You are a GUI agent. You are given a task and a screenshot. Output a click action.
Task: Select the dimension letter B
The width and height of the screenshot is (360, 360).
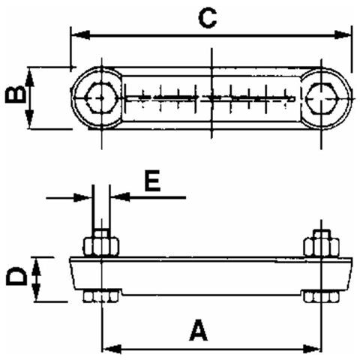[x=13, y=96]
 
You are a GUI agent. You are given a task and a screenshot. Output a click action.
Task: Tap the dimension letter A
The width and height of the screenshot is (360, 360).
[x=197, y=330]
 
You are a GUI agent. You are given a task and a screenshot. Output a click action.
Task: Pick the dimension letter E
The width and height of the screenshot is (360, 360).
[x=153, y=181]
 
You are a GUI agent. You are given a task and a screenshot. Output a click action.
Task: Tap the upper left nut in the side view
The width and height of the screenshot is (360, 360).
[x=100, y=245]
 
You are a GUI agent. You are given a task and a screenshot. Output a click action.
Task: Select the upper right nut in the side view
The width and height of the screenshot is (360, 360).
[x=321, y=245]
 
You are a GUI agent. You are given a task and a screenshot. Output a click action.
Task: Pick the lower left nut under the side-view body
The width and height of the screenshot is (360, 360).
[x=100, y=298]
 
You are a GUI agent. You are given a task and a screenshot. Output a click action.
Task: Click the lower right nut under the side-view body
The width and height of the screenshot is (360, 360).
[x=321, y=297]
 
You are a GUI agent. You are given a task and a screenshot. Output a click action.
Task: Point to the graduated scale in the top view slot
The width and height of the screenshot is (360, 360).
[x=210, y=97]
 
